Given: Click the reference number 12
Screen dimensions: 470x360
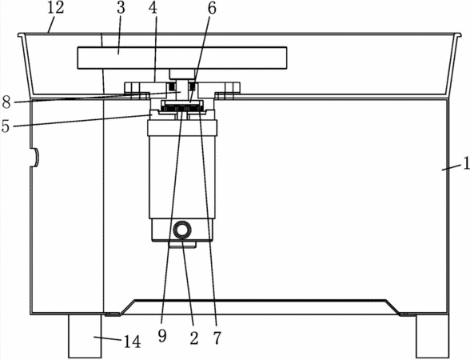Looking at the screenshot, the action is pyautogui.click(x=55, y=8).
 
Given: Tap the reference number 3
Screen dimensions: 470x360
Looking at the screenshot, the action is pyautogui.click(x=121, y=8).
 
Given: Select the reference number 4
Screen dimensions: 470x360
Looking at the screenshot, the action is pyautogui.click(x=153, y=8).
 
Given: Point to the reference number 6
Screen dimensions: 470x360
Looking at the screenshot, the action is pyautogui.click(x=212, y=8).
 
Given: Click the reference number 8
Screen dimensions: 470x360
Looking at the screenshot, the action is pyautogui.click(x=6, y=102).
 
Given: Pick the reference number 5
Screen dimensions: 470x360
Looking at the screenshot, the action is pyautogui.click(x=6, y=126).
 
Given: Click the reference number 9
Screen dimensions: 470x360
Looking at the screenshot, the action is pyautogui.click(x=162, y=336).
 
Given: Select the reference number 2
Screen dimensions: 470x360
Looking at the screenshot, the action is pyautogui.click(x=194, y=338).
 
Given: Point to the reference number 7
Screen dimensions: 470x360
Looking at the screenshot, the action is pyautogui.click(x=217, y=338).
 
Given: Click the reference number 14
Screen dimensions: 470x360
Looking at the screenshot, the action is pyautogui.click(x=132, y=342).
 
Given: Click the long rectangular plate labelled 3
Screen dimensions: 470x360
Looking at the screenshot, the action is pyautogui.click(x=182, y=58).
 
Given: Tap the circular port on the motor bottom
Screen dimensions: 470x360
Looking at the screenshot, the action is pyautogui.click(x=182, y=230).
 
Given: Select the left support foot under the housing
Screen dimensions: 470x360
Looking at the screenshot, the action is pyautogui.click(x=85, y=336).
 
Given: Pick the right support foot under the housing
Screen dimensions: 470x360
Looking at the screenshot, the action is pyautogui.click(x=433, y=336).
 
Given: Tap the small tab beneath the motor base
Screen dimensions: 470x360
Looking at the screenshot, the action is pyautogui.click(x=182, y=245).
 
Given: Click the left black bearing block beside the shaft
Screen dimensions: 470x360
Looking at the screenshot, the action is pyautogui.click(x=173, y=87).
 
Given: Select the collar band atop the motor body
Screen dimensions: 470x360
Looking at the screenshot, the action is pyautogui.click(x=182, y=127).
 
